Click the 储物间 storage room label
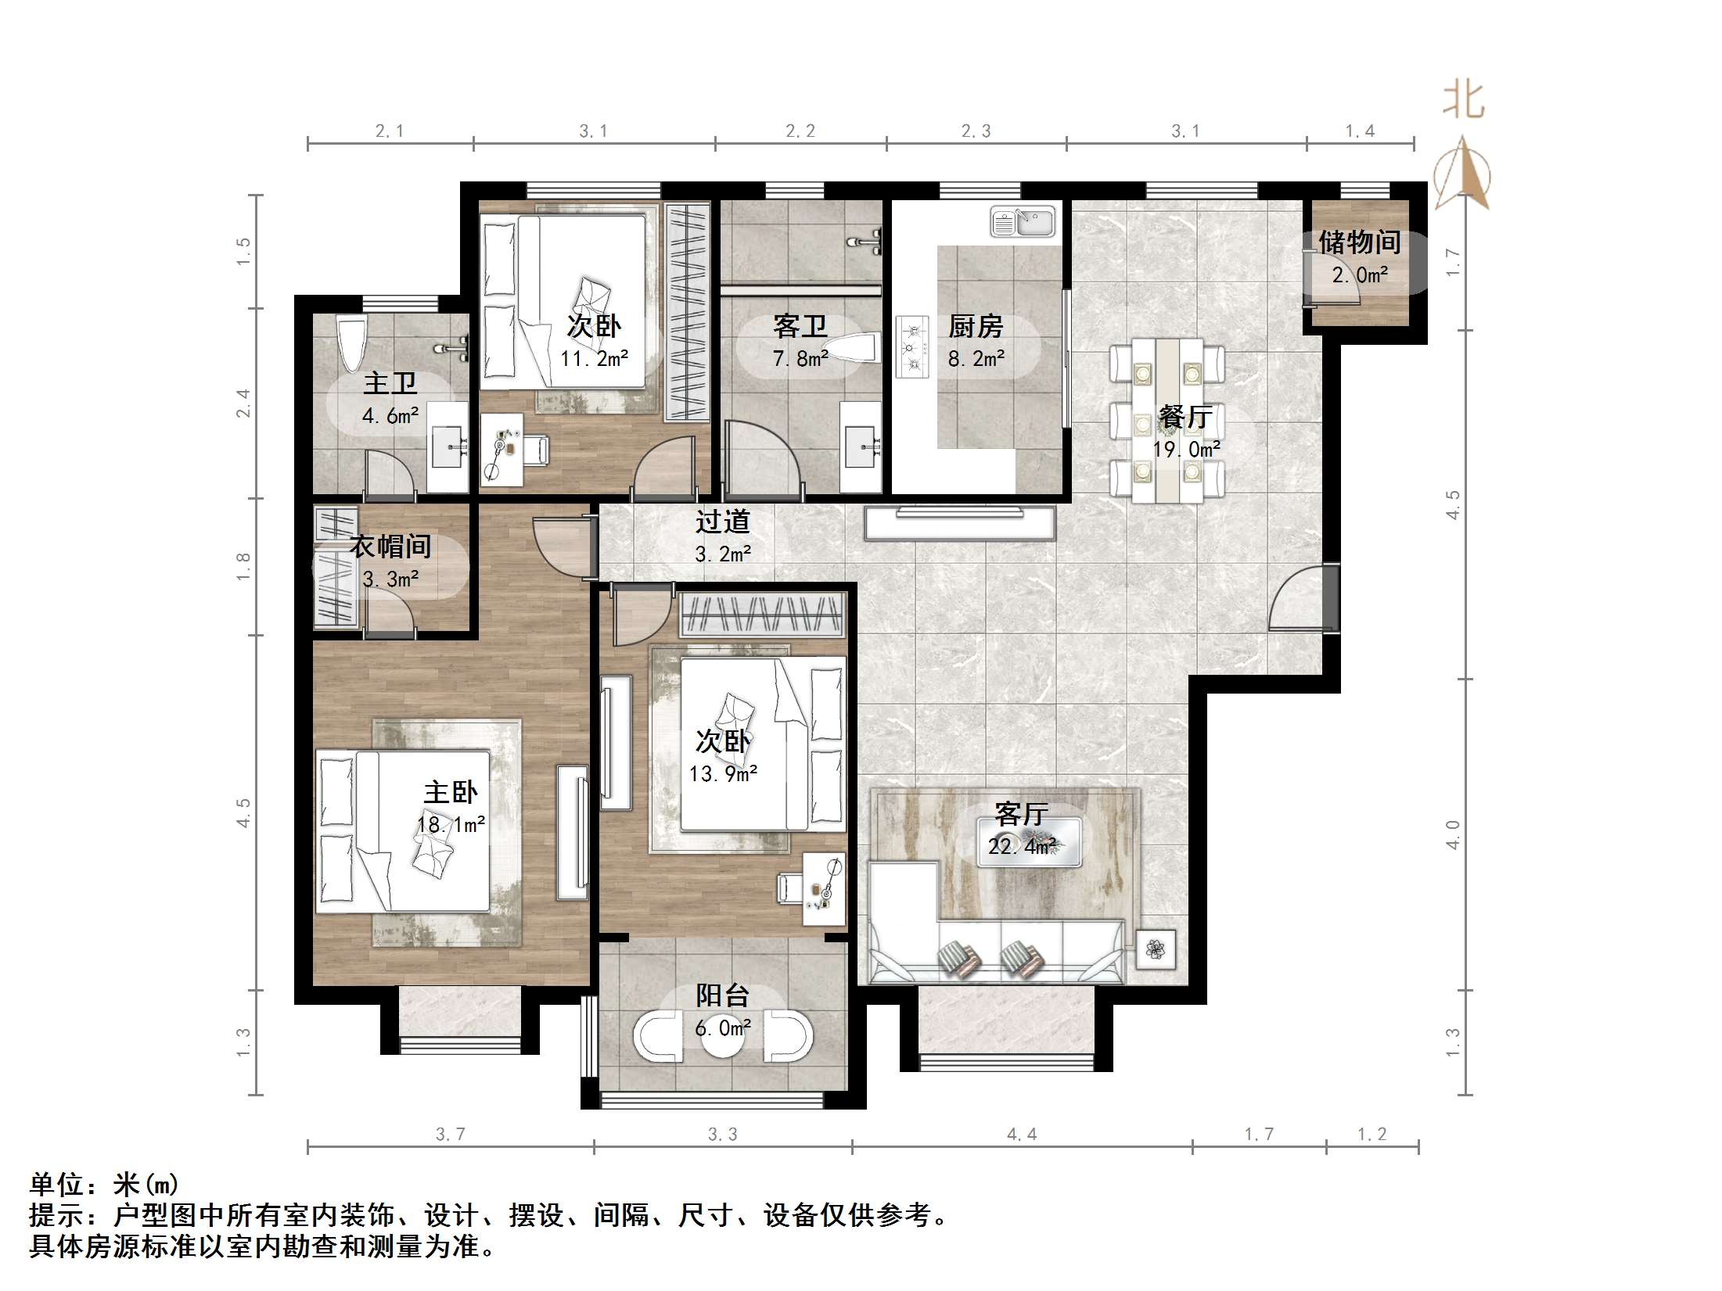(x=1359, y=242)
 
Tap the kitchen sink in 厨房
(x=1023, y=222)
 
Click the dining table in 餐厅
(x=1167, y=420)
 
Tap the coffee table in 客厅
(x=1030, y=842)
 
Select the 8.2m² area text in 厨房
(x=976, y=359)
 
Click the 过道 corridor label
(x=723, y=522)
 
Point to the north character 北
(x=1463, y=100)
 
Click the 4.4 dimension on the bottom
(x=1022, y=1134)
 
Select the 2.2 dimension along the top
(x=800, y=131)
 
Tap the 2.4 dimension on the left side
(x=244, y=403)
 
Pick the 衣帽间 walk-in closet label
(x=390, y=547)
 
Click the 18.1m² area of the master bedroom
(x=451, y=824)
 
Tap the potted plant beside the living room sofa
(x=1156, y=949)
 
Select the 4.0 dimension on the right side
(x=1453, y=835)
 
